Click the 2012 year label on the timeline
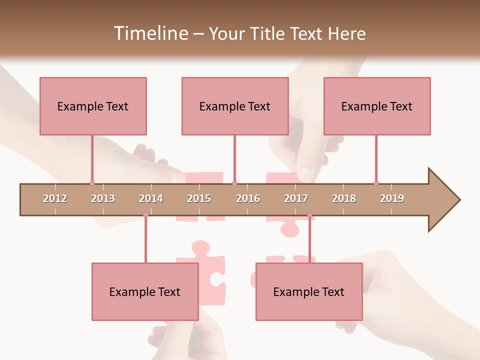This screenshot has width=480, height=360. pos(55,198)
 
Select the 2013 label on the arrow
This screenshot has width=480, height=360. pos(103,198)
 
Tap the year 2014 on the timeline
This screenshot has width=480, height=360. pos(151,198)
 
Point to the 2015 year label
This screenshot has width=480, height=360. pos(199,198)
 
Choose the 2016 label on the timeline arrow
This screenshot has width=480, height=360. pos(248,198)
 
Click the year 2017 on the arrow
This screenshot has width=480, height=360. pos(296,198)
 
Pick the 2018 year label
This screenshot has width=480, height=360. pos(344,198)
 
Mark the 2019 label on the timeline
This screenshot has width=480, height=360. pos(392,198)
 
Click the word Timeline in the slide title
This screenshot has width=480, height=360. pos(149,33)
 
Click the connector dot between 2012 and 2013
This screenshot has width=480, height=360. pos(92,183)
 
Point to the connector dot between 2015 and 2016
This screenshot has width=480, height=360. pos(234,183)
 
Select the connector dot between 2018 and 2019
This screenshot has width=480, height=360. pos(376,183)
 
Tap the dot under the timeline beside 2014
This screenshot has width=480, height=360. pos(145,215)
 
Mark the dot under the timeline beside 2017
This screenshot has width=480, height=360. pos(309,215)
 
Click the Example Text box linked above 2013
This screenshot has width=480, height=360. pos(93,106)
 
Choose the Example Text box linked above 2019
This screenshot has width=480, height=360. pos(377,106)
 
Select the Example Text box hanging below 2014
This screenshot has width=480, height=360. pos(145,291)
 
